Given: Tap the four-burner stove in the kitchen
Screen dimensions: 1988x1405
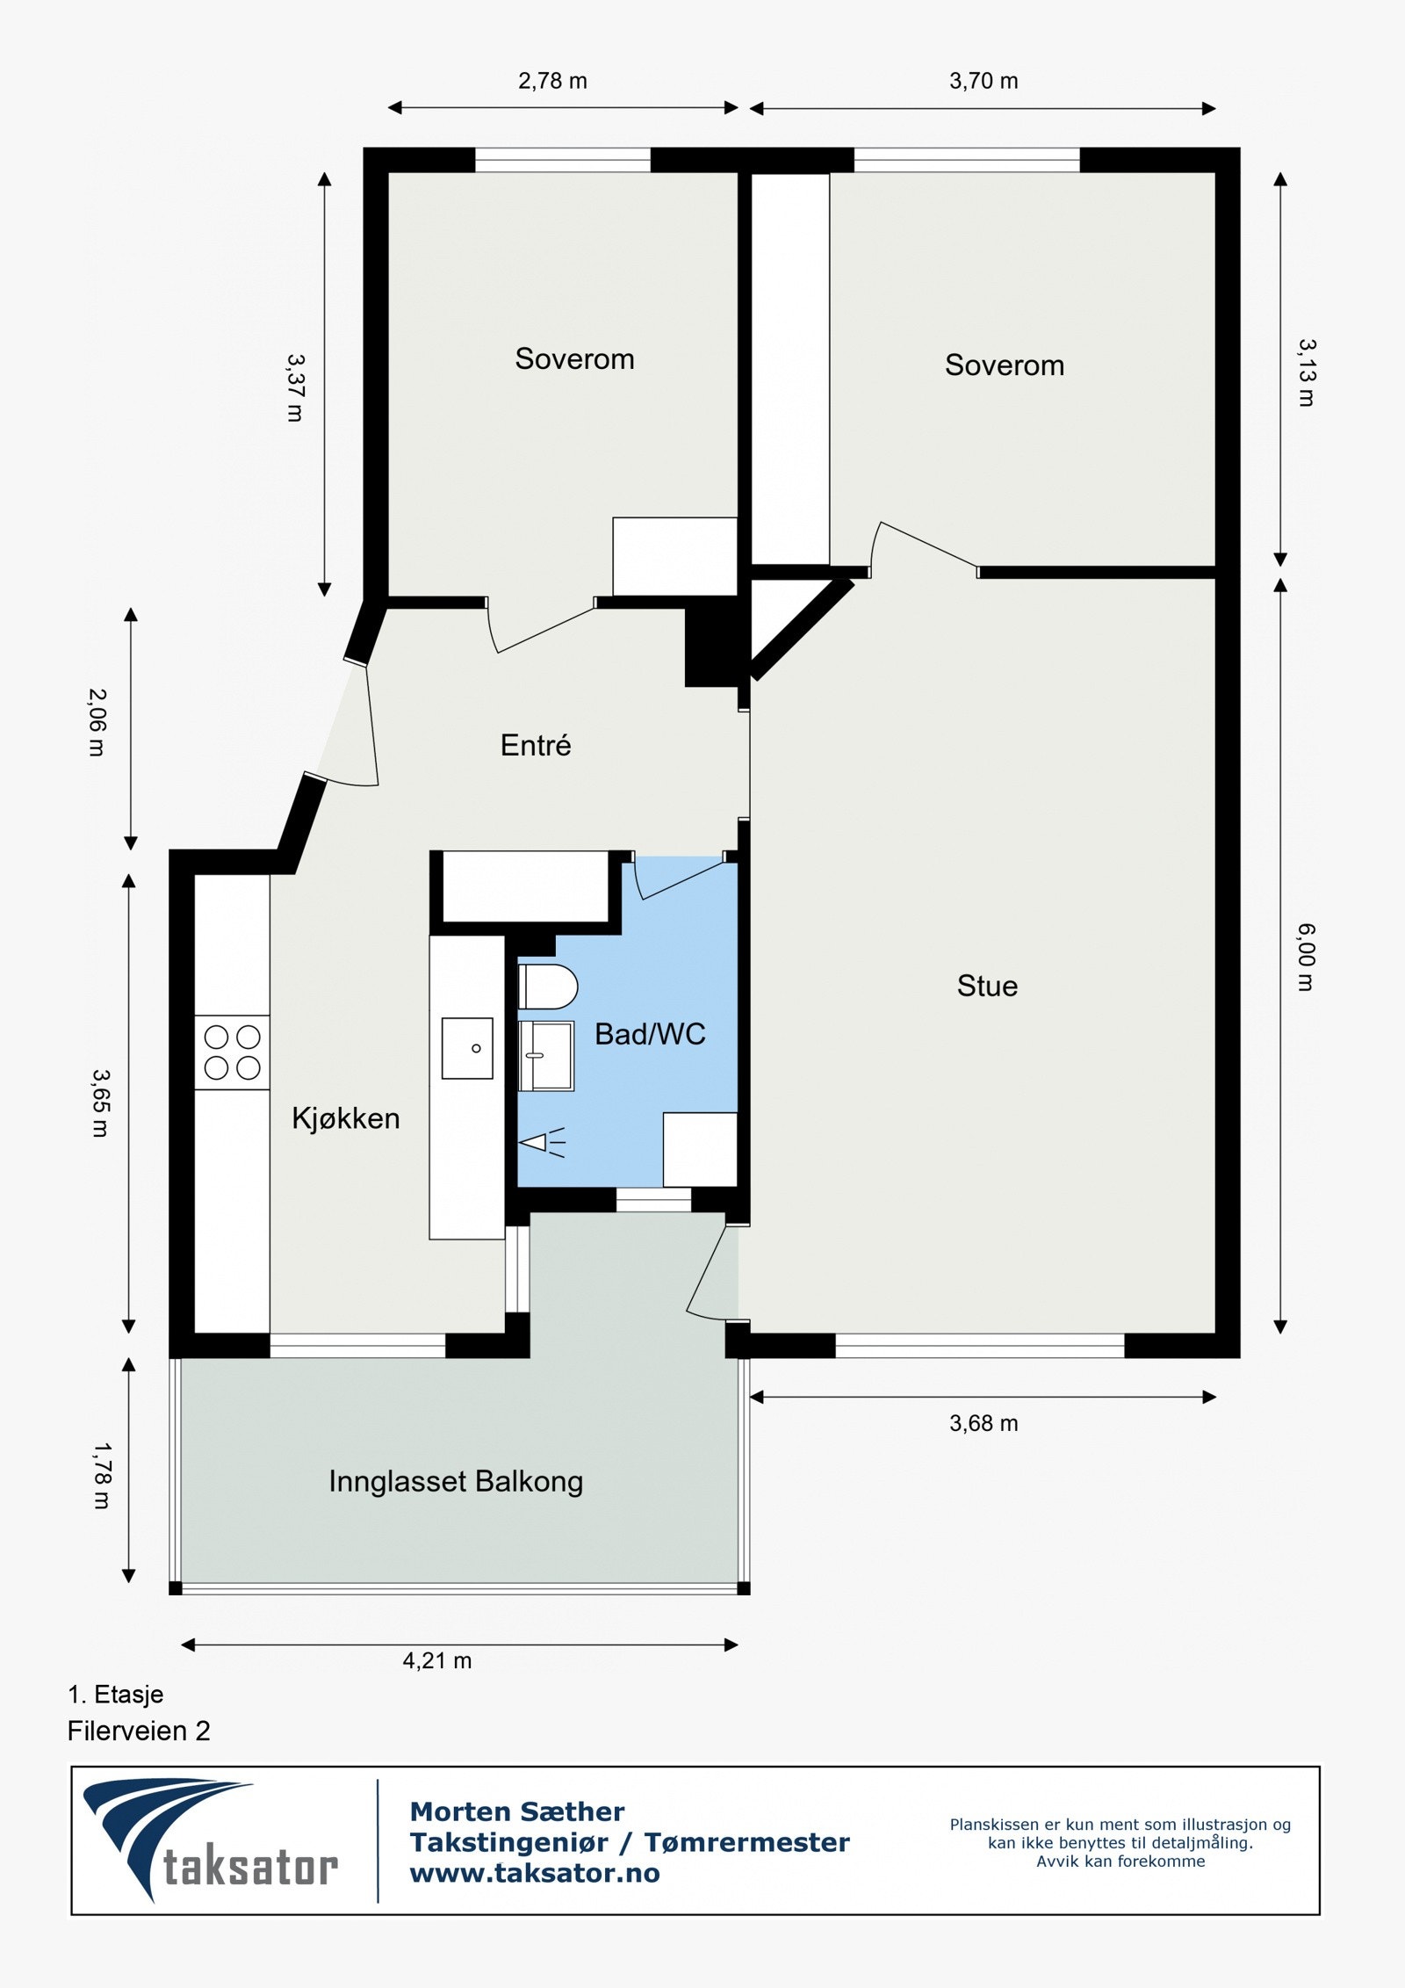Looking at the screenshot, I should (x=232, y=1052).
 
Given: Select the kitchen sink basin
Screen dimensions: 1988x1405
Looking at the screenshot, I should (x=467, y=1048).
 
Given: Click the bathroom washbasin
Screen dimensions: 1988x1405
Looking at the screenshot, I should (x=546, y=1055).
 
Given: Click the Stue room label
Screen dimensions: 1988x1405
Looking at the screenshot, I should (x=987, y=986).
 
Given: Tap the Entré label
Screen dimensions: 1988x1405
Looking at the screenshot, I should (x=536, y=745).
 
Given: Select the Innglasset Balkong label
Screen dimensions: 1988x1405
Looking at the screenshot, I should (x=456, y=1481).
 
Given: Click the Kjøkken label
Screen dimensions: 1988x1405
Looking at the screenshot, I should (x=346, y=1118).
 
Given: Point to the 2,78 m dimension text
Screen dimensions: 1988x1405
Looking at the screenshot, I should (x=552, y=81).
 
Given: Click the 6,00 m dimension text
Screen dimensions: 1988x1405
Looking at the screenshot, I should (x=1306, y=957).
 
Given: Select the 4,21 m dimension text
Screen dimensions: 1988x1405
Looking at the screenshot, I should (x=437, y=1660).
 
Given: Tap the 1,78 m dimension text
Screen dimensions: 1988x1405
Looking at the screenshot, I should (x=102, y=1476).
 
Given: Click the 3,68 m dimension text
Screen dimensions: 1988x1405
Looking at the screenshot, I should (x=983, y=1423).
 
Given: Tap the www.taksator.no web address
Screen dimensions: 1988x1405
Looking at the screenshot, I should (x=535, y=1872).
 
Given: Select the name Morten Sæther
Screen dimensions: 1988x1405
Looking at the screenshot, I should (x=517, y=1811).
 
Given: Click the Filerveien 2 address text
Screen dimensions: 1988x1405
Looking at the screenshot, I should (x=139, y=1731).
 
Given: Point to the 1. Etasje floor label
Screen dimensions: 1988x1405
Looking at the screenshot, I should (x=116, y=1694).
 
